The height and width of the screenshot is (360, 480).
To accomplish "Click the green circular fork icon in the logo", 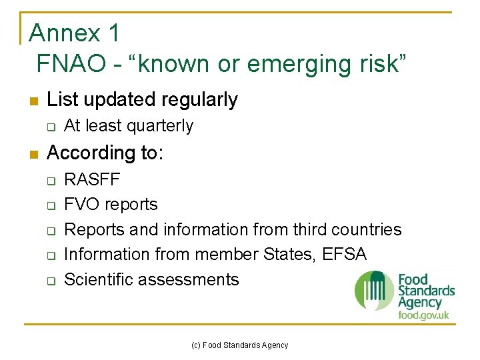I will (x=375, y=291).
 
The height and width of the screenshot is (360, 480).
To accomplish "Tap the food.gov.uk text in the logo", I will (x=423, y=314).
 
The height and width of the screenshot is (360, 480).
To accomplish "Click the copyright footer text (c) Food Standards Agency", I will (x=239, y=345).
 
